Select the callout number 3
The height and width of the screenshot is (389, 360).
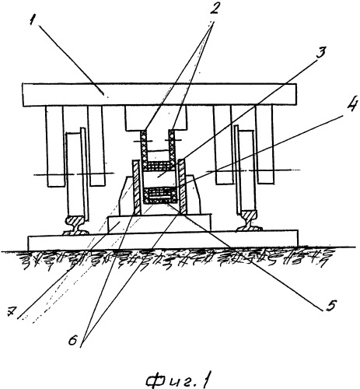pos(321,54)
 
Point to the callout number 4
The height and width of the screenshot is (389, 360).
pos(352,104)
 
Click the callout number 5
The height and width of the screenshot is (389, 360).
pos(330,305)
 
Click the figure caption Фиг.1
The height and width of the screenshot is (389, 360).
pos(178,380)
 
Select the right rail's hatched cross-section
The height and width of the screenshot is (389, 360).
pos(250,221)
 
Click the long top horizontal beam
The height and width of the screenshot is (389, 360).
pos(159,94)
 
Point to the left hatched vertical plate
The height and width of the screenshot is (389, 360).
pos(137,187)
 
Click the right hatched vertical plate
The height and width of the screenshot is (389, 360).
pos(181,186)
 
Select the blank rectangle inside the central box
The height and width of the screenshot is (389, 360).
pos(159,178)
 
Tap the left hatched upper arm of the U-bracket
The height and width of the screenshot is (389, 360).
pos(144,146)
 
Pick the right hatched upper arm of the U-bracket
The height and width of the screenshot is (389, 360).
pos(173,145)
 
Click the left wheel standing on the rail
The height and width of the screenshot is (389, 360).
pos(76,173)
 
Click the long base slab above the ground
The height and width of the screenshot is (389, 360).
pos(163,240)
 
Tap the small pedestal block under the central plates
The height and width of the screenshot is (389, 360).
pos(159,224)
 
